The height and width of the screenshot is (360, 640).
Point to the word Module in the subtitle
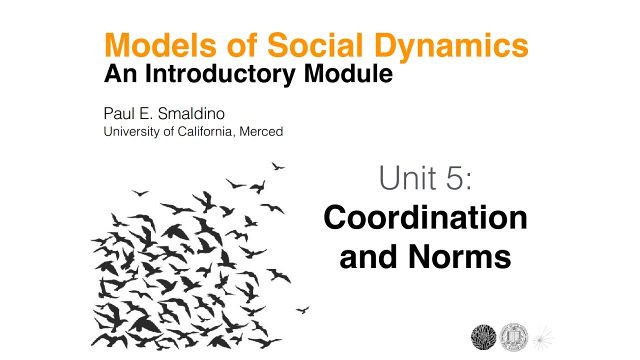pyautogui.click(x=348, y=74)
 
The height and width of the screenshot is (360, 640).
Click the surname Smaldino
pyautogui.click(x=191, y=113)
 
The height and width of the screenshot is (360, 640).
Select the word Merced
pyautogui.click(x=261, y=131)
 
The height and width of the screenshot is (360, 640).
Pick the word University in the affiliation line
pyautogui.click(x=131, y=131)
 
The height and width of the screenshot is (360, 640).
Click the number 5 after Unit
pyautogui.click(x=455, y=178)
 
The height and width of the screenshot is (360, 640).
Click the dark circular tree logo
pyautogui.click(x=483, y=337)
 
